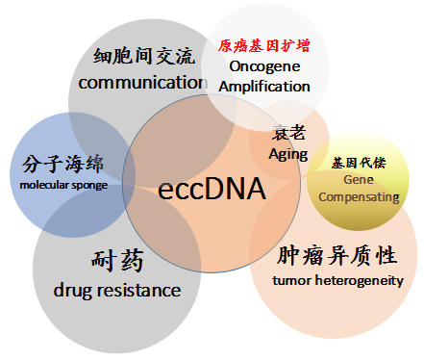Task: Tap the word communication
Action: click(143, 83)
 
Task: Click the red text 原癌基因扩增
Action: click(264, 45)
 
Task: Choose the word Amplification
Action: click(264, 86)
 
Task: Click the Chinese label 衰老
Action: click(288, 134)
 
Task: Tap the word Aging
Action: click(287, 154)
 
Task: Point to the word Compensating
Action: click(358, 196)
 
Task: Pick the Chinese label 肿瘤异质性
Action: click(337, 255)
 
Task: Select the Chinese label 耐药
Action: click(117, 260)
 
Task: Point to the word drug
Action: click(71, 289)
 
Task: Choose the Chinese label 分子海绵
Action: click(61, 162)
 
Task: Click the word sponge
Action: click(89, 185)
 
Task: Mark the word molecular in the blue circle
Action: click(45, 185)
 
